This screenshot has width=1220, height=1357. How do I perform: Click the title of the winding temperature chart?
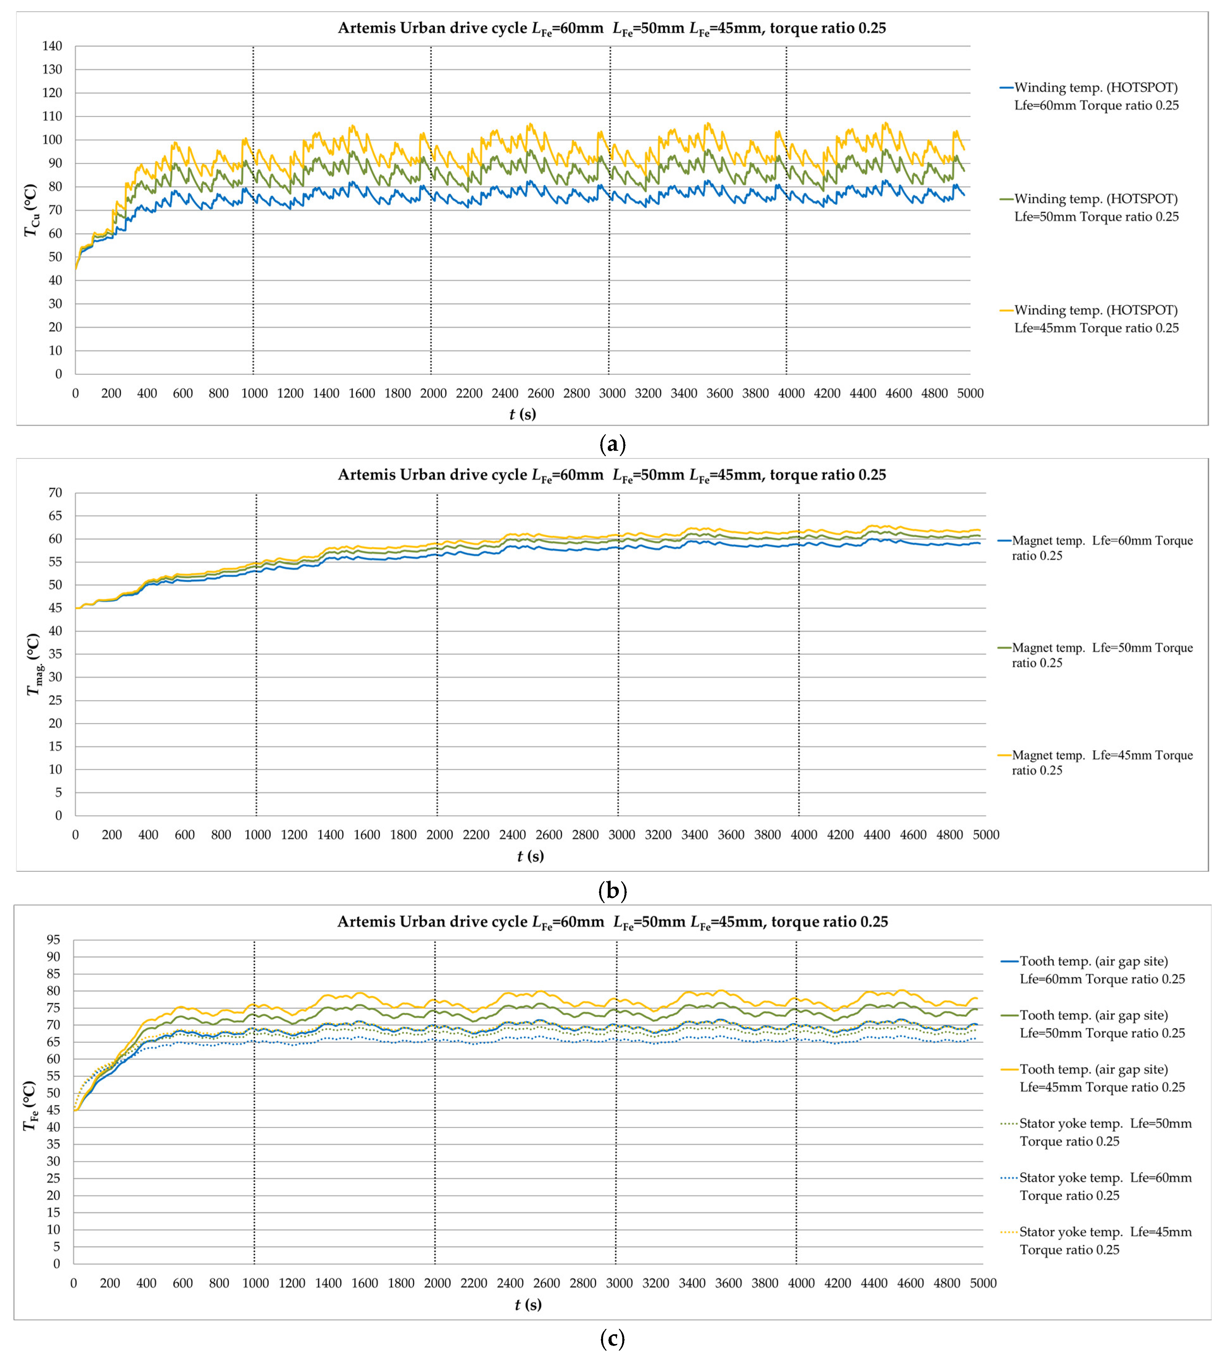pos(611,28)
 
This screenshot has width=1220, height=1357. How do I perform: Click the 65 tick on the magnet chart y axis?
pos(55,516)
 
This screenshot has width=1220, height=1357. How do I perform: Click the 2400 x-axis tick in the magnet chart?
pos(512,835)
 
